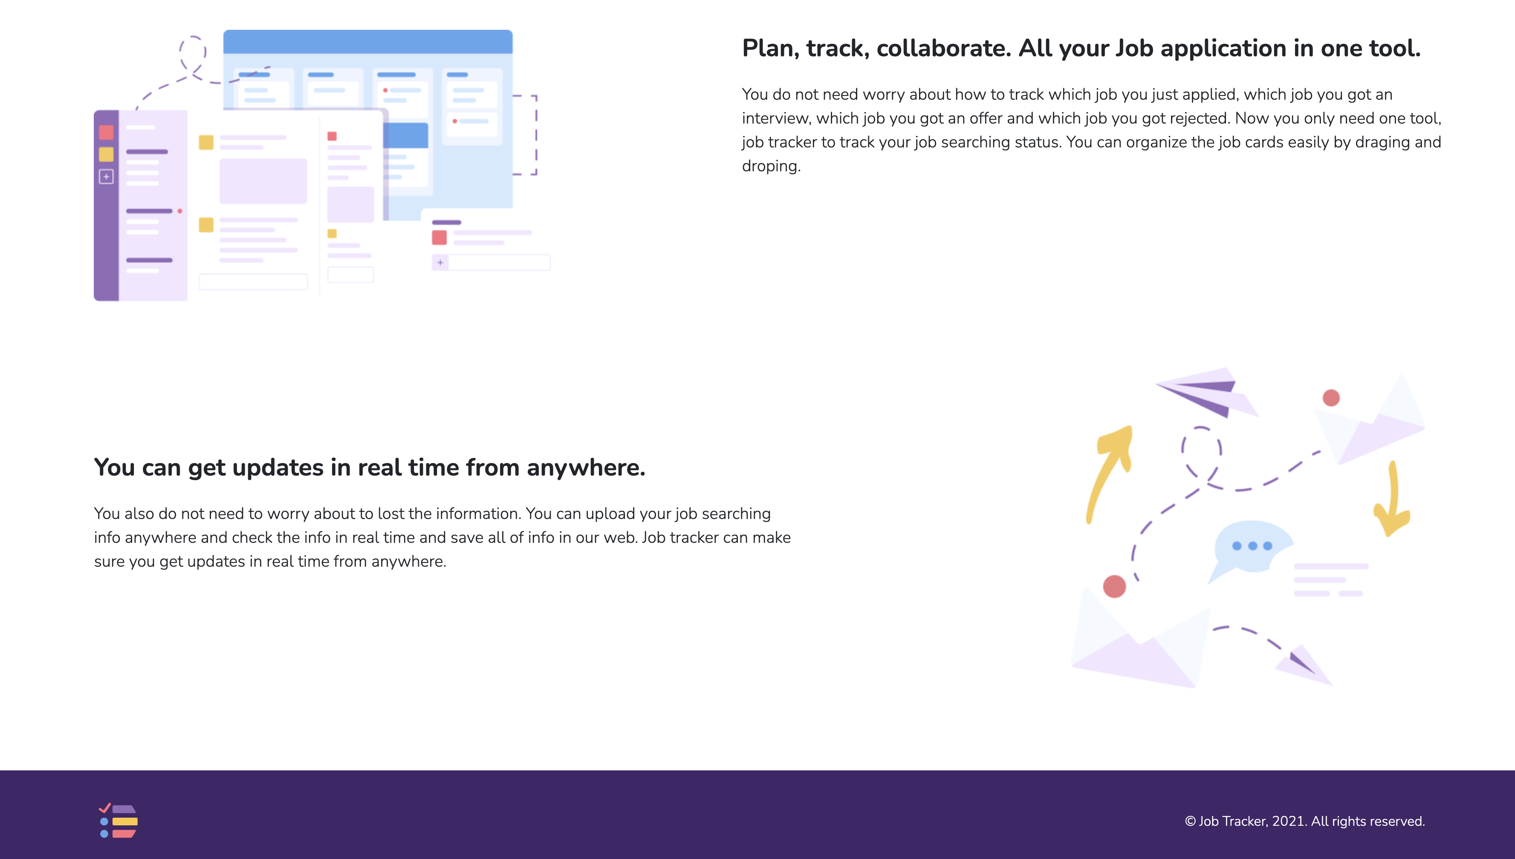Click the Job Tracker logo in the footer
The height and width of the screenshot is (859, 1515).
point(118,821)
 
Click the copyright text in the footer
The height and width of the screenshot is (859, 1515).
point(1304,821)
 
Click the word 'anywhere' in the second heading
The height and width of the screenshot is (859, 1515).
point(585,468)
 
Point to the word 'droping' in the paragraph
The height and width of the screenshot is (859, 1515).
point(769,166)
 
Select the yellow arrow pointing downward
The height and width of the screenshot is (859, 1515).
point(1393,502)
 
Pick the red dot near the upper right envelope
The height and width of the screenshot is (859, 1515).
point(1331,398)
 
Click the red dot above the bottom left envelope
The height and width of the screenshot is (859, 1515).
point(1114,586)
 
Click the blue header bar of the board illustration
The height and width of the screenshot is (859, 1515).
point(368,42)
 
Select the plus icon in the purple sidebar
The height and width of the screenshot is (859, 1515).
point(106,176)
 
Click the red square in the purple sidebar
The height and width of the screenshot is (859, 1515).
point(106,132)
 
